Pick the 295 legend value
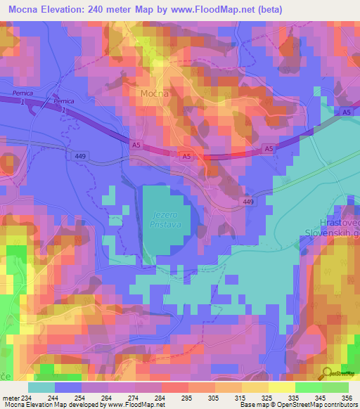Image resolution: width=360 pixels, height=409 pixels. [x=186, y=397]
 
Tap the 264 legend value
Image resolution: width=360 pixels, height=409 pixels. [x=106, y=397]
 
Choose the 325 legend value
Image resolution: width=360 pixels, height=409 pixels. [x=267, y=397]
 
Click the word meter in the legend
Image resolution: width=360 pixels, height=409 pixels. [x=9, y=397]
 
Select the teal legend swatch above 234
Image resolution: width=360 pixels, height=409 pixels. [x=41, y=387]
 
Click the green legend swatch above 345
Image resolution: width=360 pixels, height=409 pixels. [x=309, y=387]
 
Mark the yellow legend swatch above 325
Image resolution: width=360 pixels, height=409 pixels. [x=255, y=387]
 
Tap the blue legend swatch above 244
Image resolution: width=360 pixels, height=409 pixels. [x=68, y=387]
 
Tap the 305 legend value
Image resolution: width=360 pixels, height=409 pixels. [x=213, y=397]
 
